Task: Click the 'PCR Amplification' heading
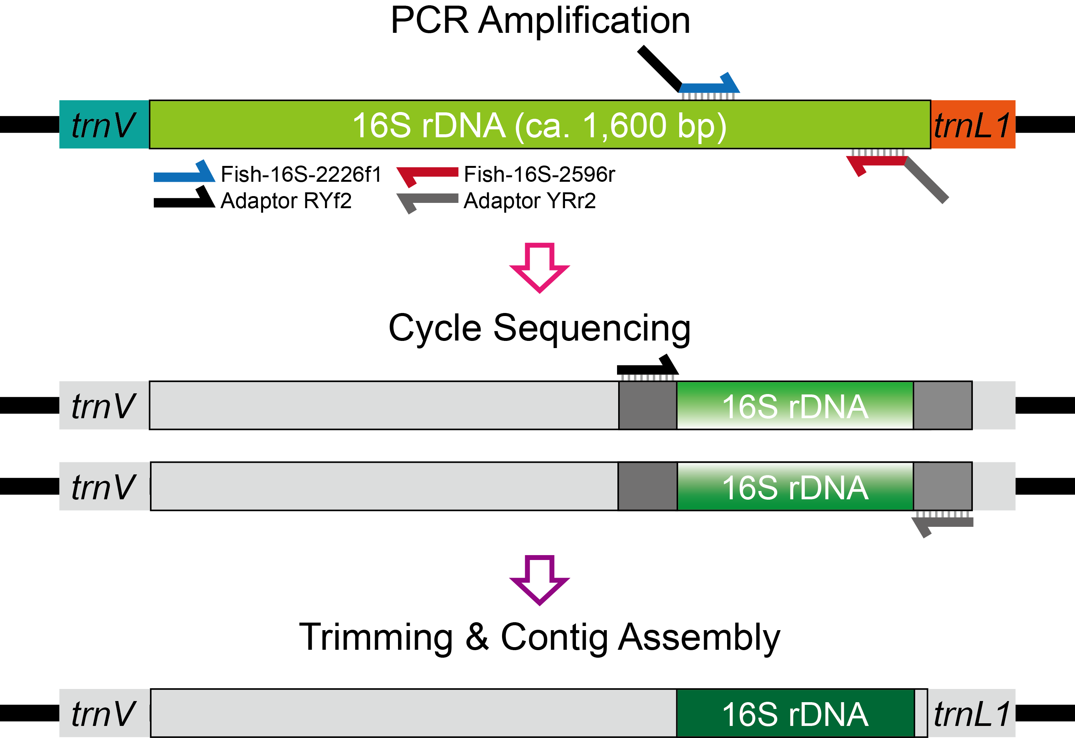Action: coord(540,21)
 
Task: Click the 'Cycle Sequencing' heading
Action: coord(539,328)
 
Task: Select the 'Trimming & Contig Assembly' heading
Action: coord(539,638)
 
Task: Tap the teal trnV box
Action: coord(104,124)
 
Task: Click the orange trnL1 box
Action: coord(973,124)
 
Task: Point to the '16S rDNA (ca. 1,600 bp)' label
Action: coord(539,126)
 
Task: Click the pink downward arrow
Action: coord(539,267)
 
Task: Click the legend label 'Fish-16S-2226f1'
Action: coord(301,175)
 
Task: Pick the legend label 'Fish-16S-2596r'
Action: coord(539,175)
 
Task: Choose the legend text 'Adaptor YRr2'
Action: coord(530,201)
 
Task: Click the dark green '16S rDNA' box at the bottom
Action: coord(795,713)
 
